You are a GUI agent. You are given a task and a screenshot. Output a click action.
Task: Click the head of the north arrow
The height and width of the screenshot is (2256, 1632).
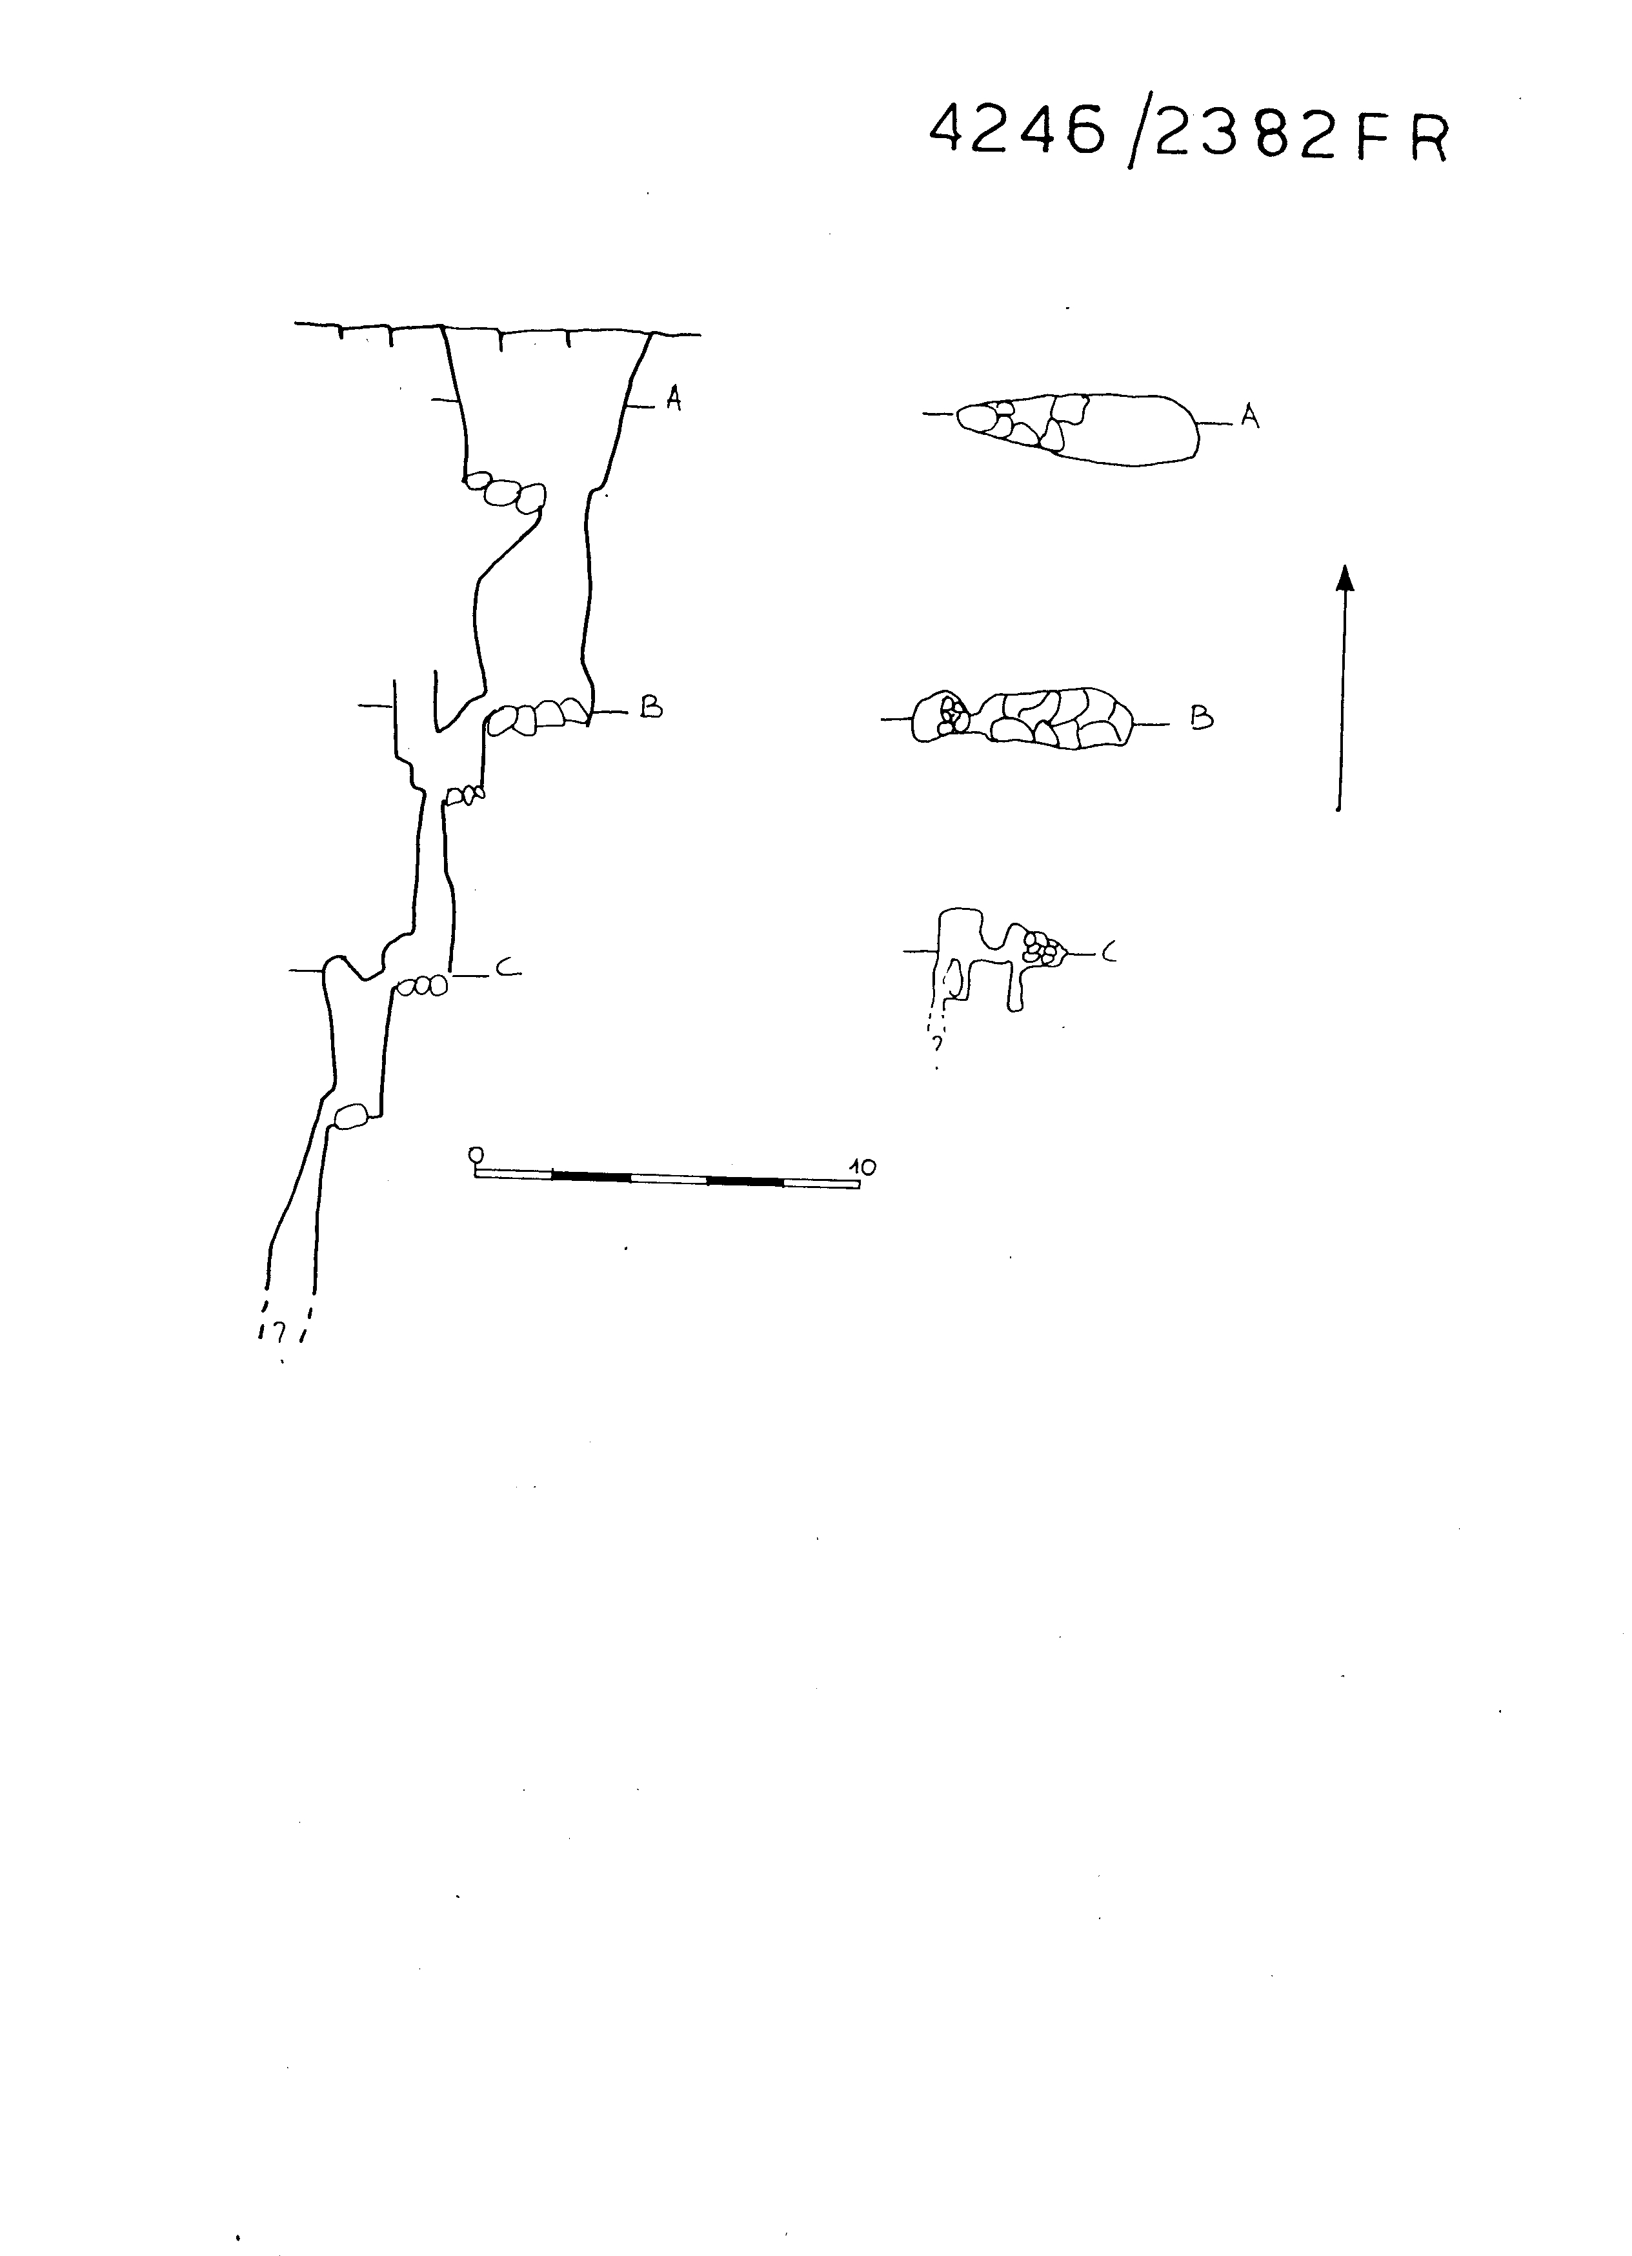pos(1345,578)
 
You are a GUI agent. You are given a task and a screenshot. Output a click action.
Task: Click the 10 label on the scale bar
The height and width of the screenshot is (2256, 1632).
pos(862,1167)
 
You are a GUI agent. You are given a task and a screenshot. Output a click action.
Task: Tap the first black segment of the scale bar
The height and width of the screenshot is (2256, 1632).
pos(590,1177)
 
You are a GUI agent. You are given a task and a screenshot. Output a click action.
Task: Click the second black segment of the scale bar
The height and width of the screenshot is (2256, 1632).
pos(745,1181)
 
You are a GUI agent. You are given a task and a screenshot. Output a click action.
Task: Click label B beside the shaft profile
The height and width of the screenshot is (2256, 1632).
pos(651,707)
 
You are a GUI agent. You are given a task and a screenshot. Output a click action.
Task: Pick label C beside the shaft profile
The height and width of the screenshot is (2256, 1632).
pos(506,966)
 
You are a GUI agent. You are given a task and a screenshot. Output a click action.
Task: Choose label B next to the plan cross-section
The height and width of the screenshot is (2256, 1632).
pos(1202,718)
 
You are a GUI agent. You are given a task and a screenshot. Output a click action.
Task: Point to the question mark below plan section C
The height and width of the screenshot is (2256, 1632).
pos(936,1043)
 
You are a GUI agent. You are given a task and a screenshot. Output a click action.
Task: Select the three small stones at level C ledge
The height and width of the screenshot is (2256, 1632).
pos(423,986)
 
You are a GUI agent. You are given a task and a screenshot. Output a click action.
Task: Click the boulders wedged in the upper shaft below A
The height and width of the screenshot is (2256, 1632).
pos(506,492)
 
